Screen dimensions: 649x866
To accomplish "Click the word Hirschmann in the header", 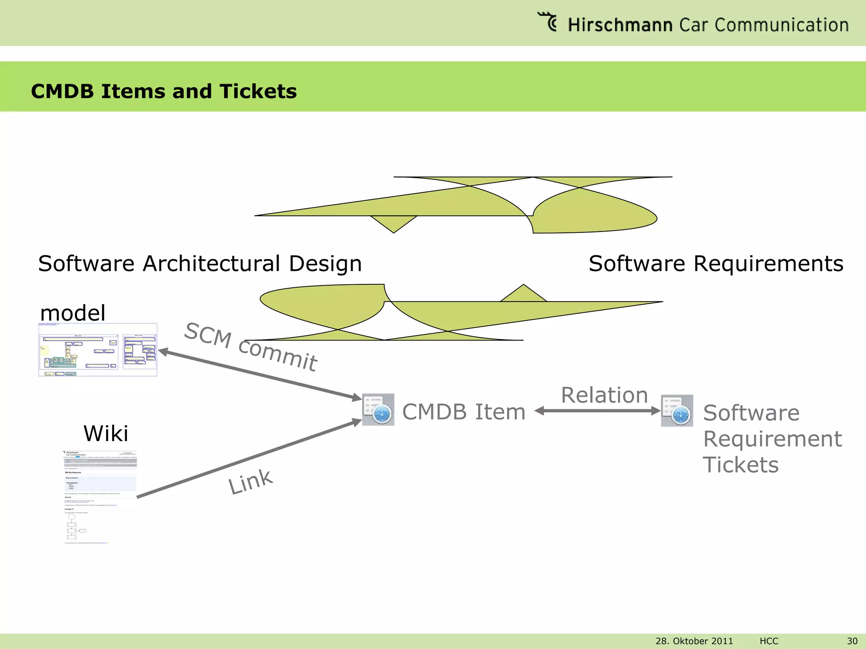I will click(619, 25).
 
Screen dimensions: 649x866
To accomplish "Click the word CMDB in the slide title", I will click(62, 91).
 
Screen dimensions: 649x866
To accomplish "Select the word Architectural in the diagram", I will click(211, 264).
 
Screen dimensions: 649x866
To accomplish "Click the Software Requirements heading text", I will click(715, 264).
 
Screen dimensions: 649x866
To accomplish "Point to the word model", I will click(72, 313).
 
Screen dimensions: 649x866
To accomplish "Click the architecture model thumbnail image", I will click(98, 350).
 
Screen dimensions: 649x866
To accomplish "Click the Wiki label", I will click(106, 434).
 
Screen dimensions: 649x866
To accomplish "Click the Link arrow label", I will click(250, 482).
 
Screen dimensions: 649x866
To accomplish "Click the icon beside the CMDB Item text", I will click(378, 409).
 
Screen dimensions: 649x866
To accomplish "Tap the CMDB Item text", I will click(463, 412).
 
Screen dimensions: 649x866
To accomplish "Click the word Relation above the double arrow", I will click(604, 395).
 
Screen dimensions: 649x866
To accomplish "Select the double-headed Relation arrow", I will click(597, 411).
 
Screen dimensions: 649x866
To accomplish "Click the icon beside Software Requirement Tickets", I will click(677, 411).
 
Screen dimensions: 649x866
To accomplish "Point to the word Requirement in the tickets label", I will click(772, 439).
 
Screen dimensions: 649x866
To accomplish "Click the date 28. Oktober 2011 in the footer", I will click(694, 641).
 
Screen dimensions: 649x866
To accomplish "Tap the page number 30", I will click(852, 641).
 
